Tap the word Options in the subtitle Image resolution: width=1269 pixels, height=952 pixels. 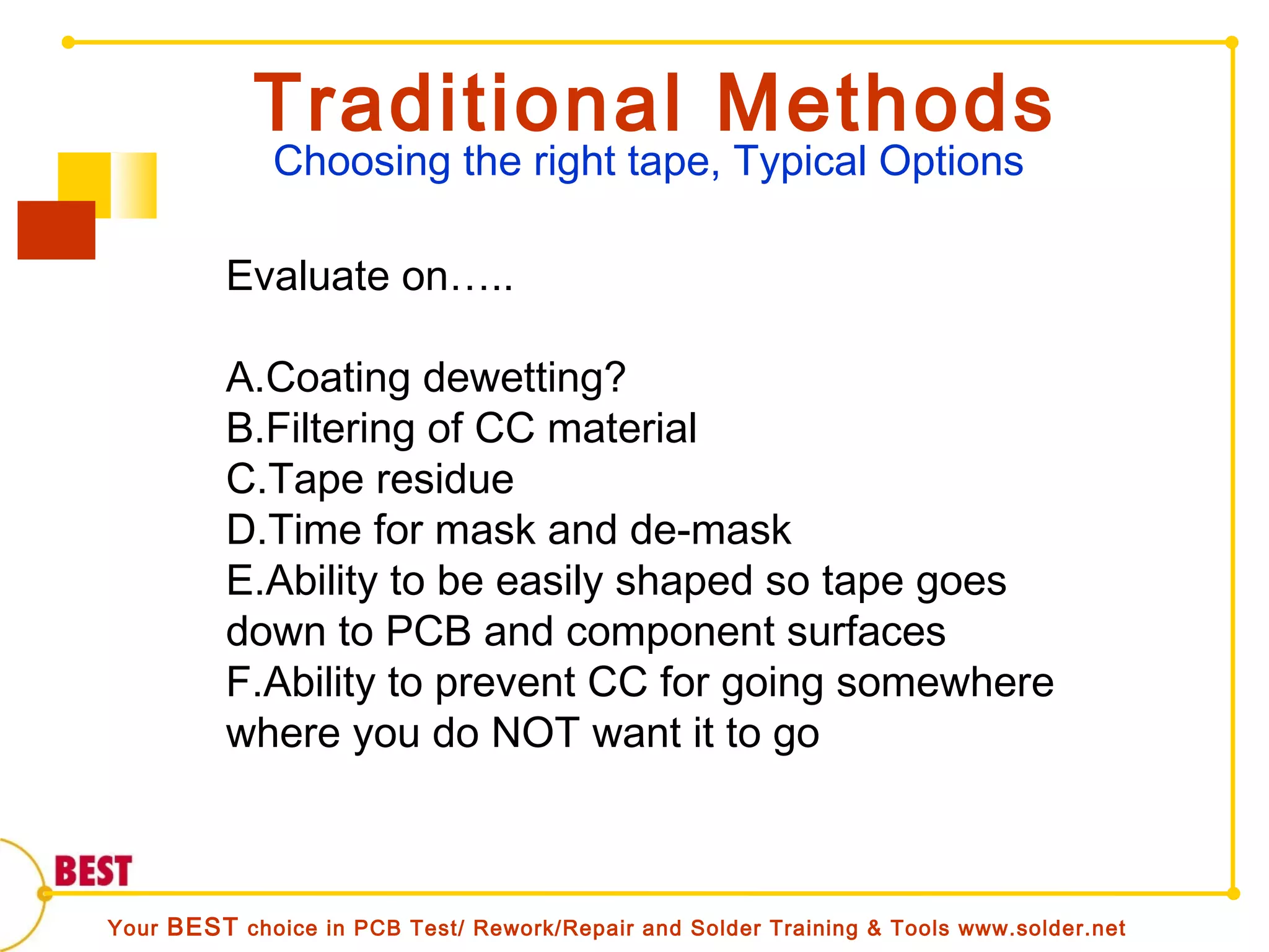pyautogui.click(x=951, y=162)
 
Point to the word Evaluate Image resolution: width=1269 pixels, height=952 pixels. pyautogui.click(x=307, y=276)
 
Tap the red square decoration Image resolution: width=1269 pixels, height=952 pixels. pyautogui.click(x=56, y=230)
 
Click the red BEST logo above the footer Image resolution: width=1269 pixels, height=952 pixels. pyautogui.click(x=94, y=871)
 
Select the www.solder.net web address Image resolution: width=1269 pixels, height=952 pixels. pyautogui.click(x=1042, y=928)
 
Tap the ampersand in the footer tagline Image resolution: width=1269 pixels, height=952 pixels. pyautogui.click(x=874, y=928)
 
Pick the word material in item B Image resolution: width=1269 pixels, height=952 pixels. pyautogui.click(x=622, y=428)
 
